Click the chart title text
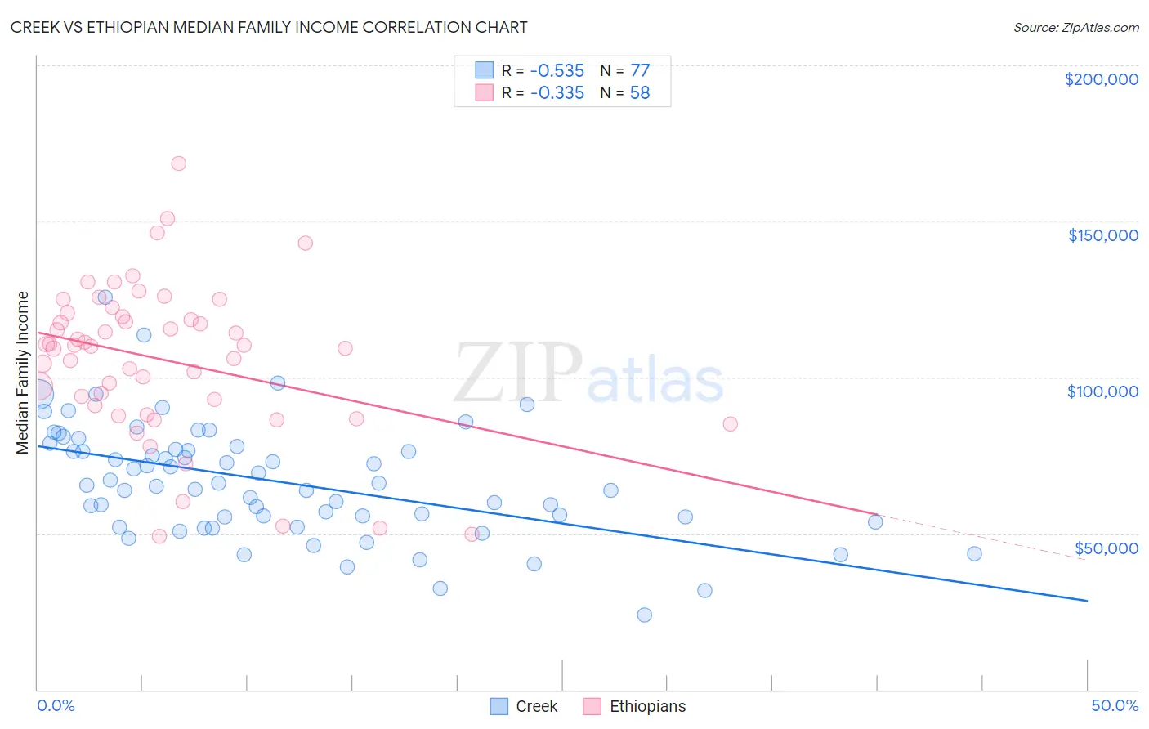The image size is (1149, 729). click(269, 27)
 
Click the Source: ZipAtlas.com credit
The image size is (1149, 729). click(1075, 27)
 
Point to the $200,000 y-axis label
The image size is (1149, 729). click(1101, 79)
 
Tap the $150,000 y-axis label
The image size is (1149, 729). click(1102, 235)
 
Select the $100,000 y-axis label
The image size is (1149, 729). click(1102, 391)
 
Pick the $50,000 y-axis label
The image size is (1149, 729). click(1106, 548)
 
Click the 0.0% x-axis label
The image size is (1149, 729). click(56, 705)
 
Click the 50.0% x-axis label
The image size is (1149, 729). click(1115, 705)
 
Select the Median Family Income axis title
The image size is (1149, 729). click(23, 372)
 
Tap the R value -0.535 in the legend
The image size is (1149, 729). click(557, 71)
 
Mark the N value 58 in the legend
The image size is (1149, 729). click(639, 93)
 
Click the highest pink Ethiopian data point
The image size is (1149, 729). click(178, 163)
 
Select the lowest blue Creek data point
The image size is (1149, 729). click(644, 615)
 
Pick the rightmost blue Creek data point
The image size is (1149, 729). click(974, 553)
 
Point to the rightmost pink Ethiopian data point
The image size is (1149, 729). click(730, 423)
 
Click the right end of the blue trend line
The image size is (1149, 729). click(1087, 601)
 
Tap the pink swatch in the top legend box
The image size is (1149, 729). click(485, 92)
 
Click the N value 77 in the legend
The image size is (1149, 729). click(639, 71)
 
